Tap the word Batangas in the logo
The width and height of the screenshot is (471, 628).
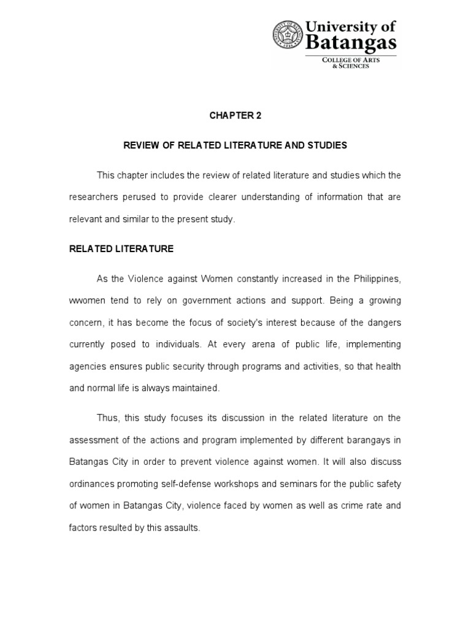tap(359, 44)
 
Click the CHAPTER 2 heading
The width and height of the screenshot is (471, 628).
tap(235, 115)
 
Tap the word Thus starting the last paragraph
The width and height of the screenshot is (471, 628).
tap(109, 418)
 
